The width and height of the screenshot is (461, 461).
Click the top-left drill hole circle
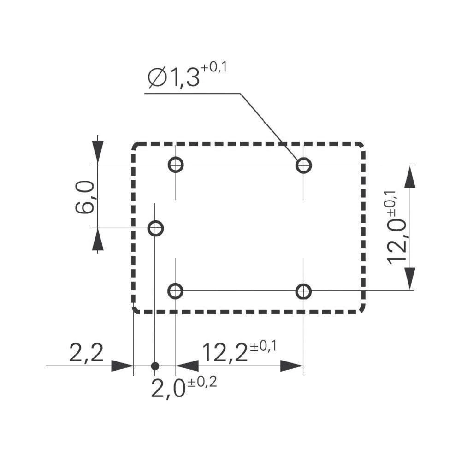coord(176,165)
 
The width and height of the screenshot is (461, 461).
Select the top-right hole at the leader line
coord(303,165)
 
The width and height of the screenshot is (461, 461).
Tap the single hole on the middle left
coord(155,228)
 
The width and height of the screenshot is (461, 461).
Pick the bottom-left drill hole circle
coord(176,291)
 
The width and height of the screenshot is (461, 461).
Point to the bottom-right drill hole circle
coord(303,291)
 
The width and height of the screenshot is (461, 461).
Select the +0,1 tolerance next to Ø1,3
coord(214,68)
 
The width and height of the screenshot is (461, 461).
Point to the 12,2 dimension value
coord(225,354)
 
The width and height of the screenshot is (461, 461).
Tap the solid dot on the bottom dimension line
coord(155,366)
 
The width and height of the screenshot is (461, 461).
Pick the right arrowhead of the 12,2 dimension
coord(291,366)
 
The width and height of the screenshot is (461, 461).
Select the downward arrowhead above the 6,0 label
coord(97,153)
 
